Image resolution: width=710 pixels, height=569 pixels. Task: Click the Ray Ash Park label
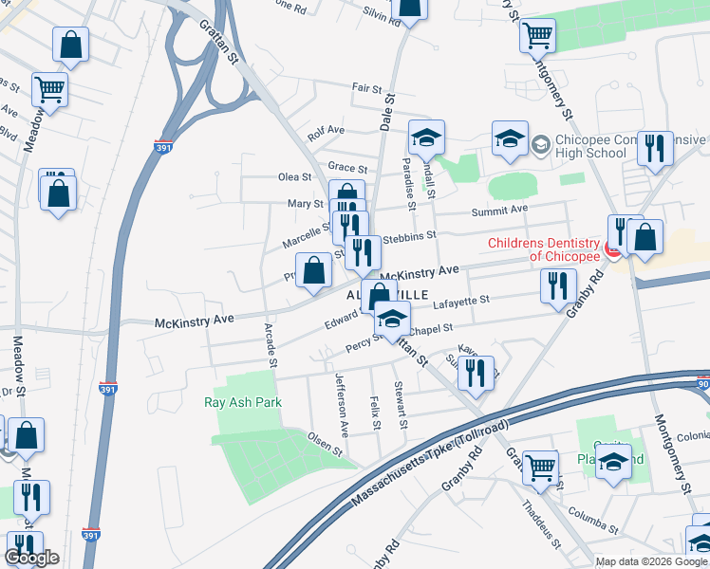point(243,402)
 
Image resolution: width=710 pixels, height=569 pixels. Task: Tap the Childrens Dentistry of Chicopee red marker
point(613,250)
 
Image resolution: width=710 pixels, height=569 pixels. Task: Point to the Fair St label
point(366,86)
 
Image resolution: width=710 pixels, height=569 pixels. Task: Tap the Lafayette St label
point(460,301)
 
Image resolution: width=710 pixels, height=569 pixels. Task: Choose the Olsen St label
point(325,443)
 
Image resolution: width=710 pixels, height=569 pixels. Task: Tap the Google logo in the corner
point(31,558)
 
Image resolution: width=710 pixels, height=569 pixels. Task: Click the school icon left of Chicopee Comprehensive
point(510,138)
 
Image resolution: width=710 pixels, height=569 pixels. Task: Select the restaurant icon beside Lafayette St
point(558,284)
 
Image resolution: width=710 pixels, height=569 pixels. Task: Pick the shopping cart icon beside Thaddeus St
point(540,467)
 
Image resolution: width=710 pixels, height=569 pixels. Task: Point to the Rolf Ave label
point(326,130)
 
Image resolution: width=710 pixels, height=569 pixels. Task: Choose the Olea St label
point(293,177)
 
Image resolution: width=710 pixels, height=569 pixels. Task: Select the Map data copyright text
point(651,561)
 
